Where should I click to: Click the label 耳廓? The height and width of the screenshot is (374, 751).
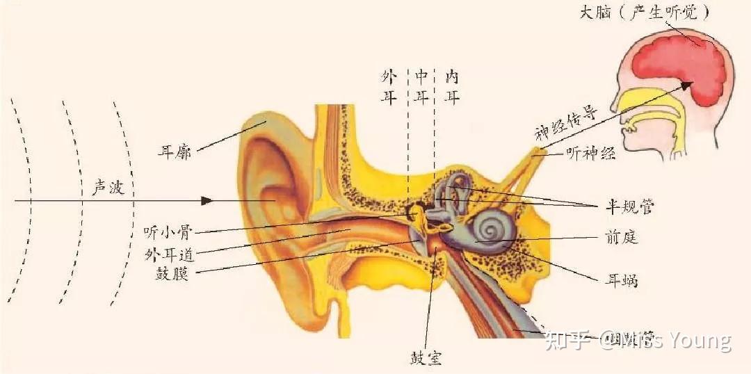[x=174, y=151]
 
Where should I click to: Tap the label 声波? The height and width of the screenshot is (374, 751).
[x=108, y=188]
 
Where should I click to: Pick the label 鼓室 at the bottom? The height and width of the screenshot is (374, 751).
[x=426, y=358]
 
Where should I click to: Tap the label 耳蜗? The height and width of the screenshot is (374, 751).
[x=621, y=282]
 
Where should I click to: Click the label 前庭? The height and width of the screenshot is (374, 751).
[x=621, y=238]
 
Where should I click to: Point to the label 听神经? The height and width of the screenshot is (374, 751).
[x=591, y=154]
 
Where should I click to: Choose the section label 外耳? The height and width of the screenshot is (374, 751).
[x=389, y=87]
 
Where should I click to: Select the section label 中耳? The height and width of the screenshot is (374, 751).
[x=421, y=87]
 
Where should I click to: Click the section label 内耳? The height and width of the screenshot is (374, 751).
[x=452, y=87]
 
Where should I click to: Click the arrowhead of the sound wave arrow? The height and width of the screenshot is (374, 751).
[x=207, y=200]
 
